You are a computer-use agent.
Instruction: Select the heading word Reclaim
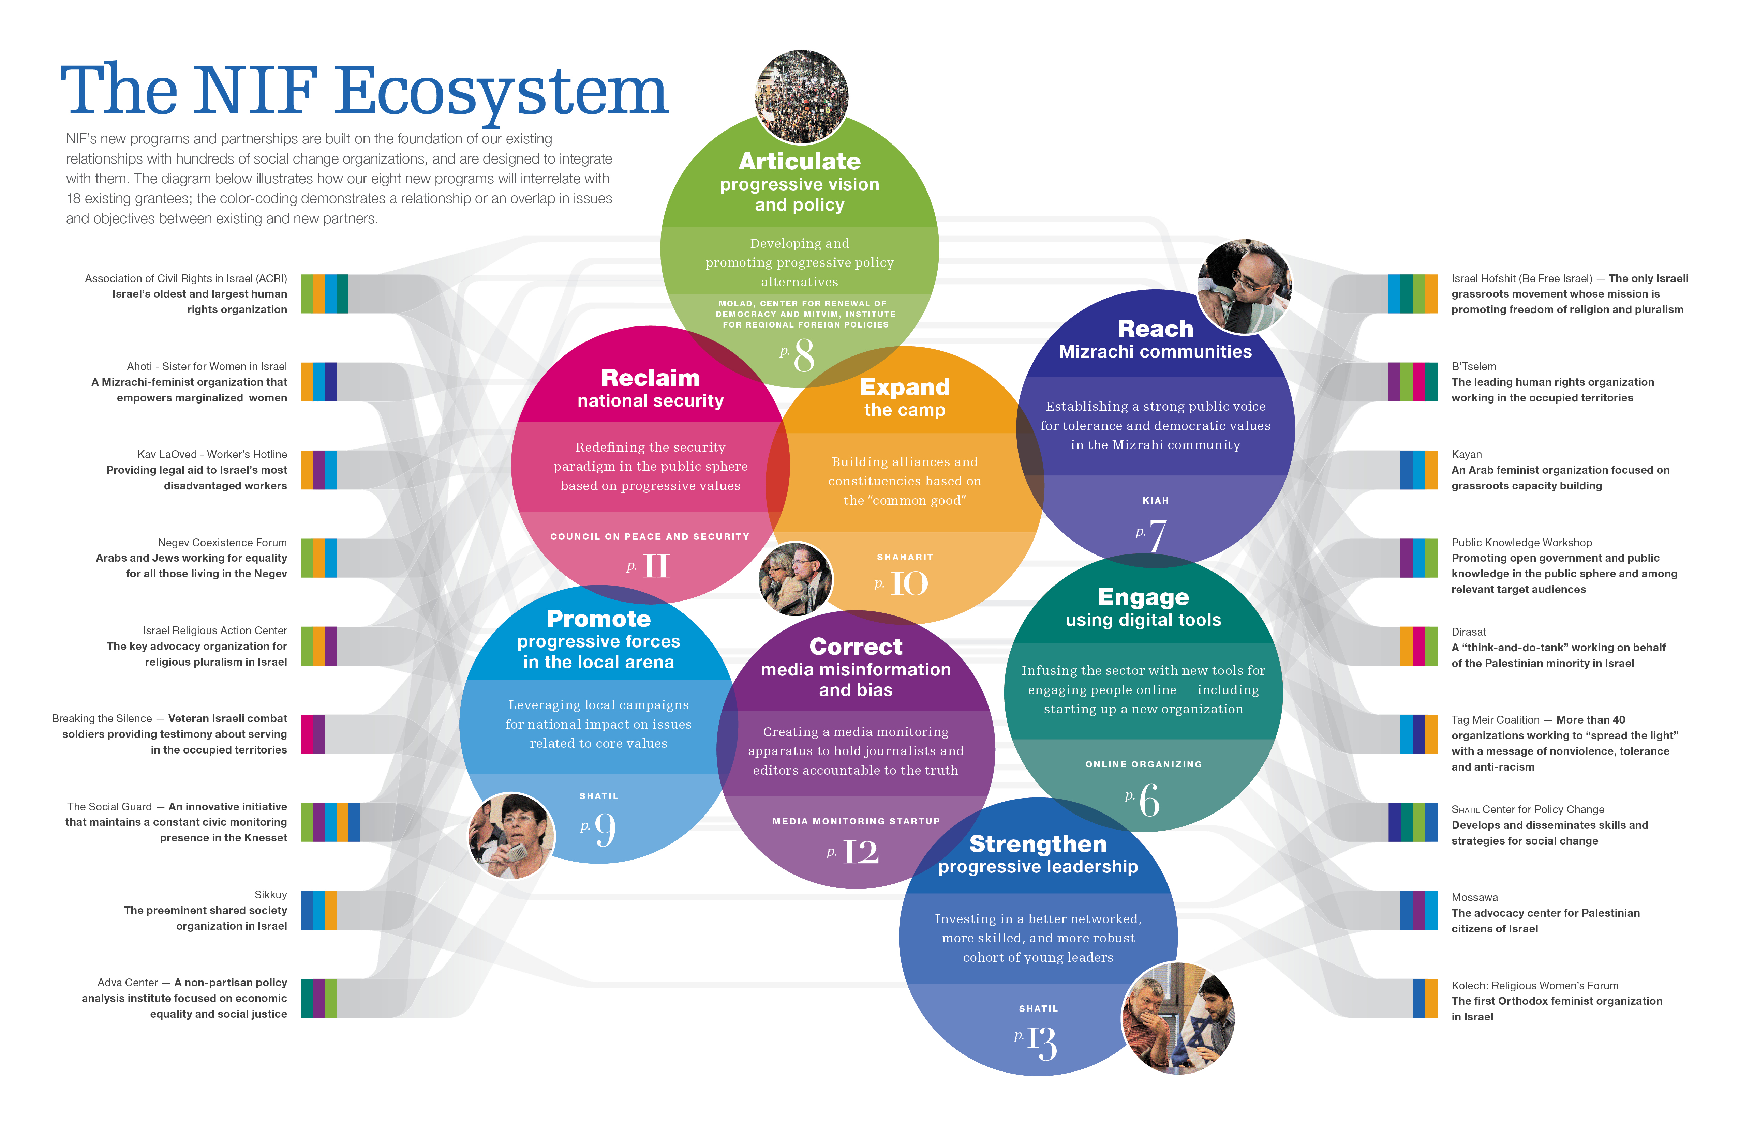tap(650, 378)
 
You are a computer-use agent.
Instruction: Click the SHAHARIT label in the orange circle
tap(905, 557)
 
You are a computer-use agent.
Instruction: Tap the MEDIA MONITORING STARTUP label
tap(856, 821)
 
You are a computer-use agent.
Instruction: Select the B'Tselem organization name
tap(1473, 367)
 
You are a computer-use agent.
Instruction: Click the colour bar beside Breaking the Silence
tap(313, 734)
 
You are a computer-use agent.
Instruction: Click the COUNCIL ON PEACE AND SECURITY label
tap(650, 537)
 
